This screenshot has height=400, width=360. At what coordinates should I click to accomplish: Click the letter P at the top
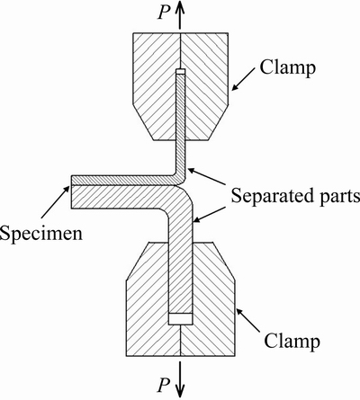[x=164, y=13]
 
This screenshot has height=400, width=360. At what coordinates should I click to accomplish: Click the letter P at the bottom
[x=164, y=385]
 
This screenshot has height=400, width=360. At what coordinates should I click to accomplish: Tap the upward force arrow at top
[x=180, y=15]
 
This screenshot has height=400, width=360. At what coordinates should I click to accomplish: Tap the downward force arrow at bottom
[x=180, y=379]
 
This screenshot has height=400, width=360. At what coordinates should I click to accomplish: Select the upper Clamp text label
[x=287, y=67]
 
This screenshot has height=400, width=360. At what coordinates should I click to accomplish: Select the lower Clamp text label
[x=292, y=341]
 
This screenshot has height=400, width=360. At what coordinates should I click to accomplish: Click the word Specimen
[x=41, y=233]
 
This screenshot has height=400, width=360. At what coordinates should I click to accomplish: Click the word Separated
[x=271, y=195]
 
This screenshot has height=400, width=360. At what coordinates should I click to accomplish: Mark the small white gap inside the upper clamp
[x=181, y=72]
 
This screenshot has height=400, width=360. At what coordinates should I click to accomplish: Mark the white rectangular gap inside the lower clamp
[x=180, y=319]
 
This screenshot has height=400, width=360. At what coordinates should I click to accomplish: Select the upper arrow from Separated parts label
[x=206, y=176]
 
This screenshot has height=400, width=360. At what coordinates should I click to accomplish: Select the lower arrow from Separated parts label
[x=210, y=214]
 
